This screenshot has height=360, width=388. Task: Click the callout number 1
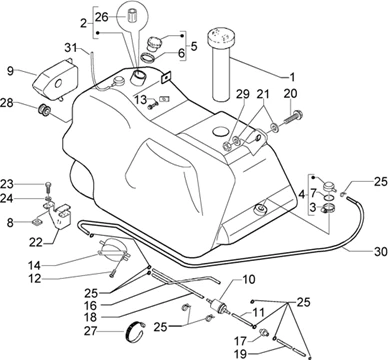(x=292, y=77)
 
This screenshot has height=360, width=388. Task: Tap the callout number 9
(x=11, y=71)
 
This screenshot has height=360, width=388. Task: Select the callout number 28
(x=7, y=103)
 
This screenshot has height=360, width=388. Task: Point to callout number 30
(x=381, y=251)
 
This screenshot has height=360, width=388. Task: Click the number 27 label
(x=91, y=331)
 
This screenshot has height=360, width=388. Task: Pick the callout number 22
(x=35, y=242)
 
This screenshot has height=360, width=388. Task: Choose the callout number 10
(x=248, y=279)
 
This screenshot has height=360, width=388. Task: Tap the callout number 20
(x=290, y=94)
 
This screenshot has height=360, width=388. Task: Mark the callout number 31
(x=71, y=49)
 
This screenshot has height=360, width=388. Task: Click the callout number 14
(x=34, y=266)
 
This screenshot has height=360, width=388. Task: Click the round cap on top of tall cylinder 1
(x=221, y=36)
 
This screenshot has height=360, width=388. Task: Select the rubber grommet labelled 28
(x=44, y=110)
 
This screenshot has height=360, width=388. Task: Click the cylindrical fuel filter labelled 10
(x=218, y=304)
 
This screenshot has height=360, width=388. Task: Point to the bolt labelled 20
(x=293, y=119)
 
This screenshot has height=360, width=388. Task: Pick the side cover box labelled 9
(x=56, y=79)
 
